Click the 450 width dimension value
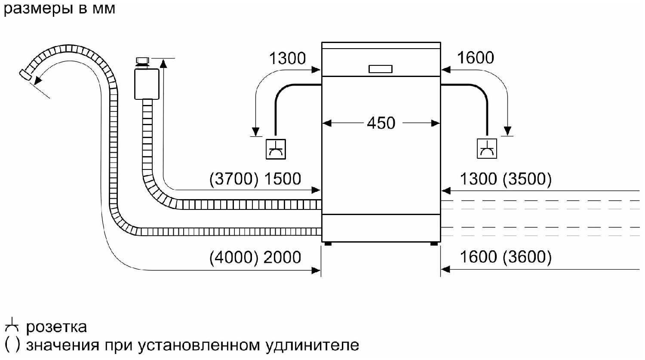coord(381,123)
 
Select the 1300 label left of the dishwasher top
coord(287,58)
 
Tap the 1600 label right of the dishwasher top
coord(475,58)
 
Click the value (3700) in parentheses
coord(234,179)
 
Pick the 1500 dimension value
coord(282,179)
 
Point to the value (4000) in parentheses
coord(234,257)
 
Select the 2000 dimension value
coord(282,257)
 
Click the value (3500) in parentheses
coord(527,179)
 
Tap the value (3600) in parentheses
coord(527,257)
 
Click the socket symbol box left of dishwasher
coord(276,149)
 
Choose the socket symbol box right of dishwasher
coord(487,149)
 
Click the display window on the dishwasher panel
coord(381,69)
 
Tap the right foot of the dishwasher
coord(433,243)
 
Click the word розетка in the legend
coord(56,327)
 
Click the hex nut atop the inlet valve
coord(141,60)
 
